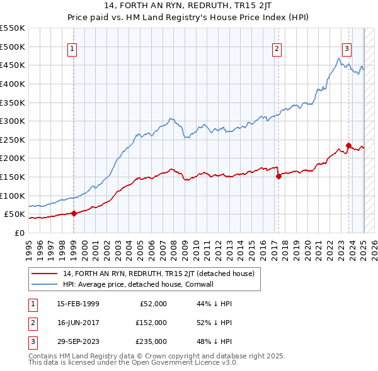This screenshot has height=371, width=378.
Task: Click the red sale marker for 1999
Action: pos(74,213)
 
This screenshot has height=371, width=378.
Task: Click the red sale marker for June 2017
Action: pos(278,176)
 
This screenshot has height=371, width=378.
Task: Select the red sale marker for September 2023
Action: pos(348,145)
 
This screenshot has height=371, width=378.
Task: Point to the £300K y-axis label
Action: pos(12,121)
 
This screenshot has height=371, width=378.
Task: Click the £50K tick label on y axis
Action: pos(14,214)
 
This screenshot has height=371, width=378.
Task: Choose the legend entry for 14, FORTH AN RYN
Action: pos(158,274)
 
